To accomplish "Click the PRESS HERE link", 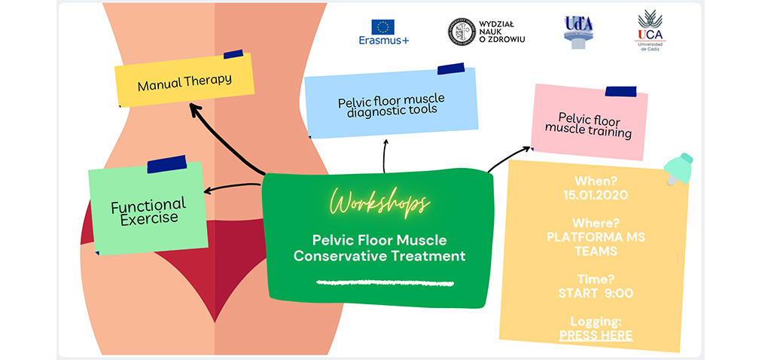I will click(x=596, y=336).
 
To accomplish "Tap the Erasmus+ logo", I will click(x=384, y=32).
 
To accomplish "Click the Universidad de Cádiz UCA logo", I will click(x=650, y=29).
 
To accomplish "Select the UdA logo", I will click(x=578, y=30).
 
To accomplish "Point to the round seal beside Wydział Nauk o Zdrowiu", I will click(x=460, y=32).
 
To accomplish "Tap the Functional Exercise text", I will click(x=148, y=211).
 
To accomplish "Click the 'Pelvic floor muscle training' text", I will click(x=588, y=124).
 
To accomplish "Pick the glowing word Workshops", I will click(x=380, y=203).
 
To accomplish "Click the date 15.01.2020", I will click(x=596, y=195).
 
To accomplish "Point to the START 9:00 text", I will click(x=596, y=292).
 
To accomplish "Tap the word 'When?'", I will click(x=596, y=182).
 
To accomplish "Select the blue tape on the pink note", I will click(x=620, y=92).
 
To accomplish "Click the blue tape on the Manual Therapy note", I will click(x=233, y=54).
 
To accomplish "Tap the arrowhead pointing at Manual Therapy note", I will click(x=195, y=111).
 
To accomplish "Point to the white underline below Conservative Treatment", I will click(x=385, y=283).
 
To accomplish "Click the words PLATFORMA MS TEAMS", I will click(x=596, y=243).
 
